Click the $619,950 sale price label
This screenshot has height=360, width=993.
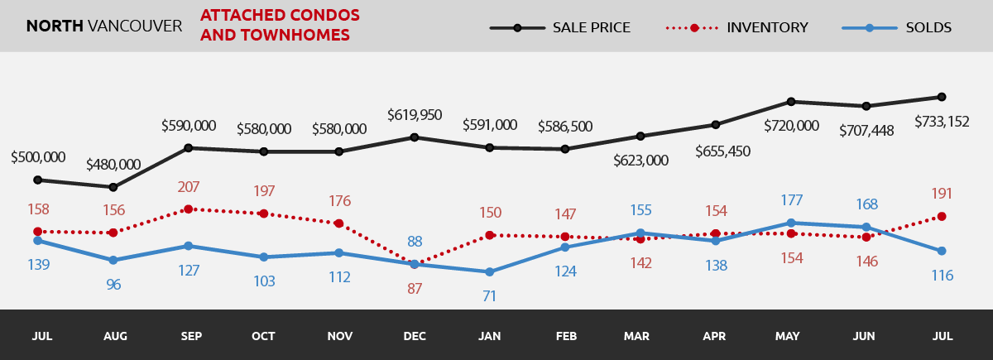pyautogui.click(x=415, y=114)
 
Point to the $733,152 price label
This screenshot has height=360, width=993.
pyautogui.click(x=942, y=122)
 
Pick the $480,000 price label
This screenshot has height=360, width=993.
pyautogui.click(x=113, y=165)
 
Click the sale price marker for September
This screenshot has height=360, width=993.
pyautogui.click(x=189, y=148)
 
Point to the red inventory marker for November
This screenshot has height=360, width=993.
pyautogui.click(x=339, y=223)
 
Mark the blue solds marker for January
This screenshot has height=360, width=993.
pyautogui.click(x=490, y=271)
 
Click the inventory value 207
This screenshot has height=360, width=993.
pyautogui.click(x=189, y=187)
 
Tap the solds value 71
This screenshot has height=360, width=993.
pyautogui.click(x=490, y=295)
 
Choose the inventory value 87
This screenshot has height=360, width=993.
pyautogui.click(x=415, y=289)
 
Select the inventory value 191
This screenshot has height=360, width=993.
pyautogui.click(x=942, y=194)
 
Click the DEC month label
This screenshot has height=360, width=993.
pyautogui.click(x=415, y=337)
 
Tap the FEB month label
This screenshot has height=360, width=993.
pyautogui.click(x=565, y=337)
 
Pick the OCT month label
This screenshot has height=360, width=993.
pyautogui.click(x=263, y=337)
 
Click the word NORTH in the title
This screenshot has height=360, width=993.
pyautogui.click(x=55, y=26)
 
